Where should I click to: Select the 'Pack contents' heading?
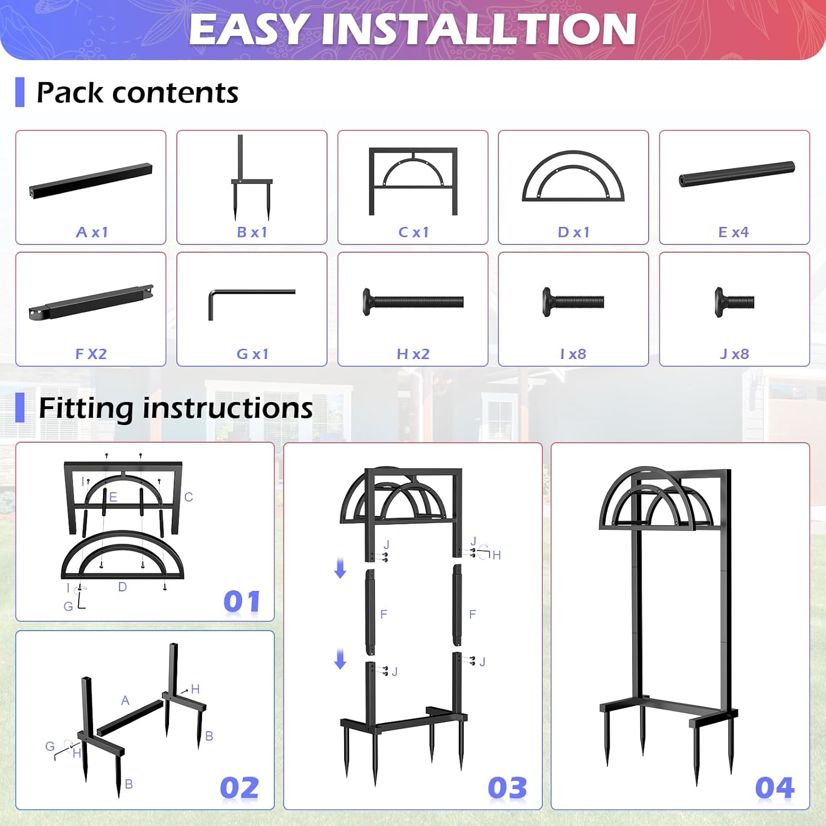137,93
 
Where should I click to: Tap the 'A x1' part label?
92,232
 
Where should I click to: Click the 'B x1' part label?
252,232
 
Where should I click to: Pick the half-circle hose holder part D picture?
573,176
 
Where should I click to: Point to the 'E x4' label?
733,232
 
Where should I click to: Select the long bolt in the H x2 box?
413,302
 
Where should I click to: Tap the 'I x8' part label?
573,354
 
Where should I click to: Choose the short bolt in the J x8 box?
734,302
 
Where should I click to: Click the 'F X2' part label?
91,354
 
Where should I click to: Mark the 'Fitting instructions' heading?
176,408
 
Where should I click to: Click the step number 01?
242,601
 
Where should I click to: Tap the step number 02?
239,787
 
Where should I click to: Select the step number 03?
507,787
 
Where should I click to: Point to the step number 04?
775,787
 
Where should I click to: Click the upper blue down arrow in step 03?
340,568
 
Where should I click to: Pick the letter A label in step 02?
125,700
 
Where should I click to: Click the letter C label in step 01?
189,497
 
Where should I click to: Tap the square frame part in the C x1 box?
413,181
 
